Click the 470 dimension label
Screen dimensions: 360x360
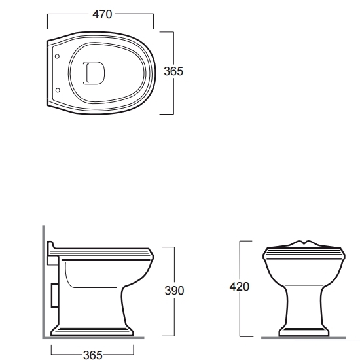102,14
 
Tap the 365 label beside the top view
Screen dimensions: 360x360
173,71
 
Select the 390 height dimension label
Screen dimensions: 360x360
174,291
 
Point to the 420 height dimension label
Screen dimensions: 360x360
239,287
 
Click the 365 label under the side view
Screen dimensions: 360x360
93,355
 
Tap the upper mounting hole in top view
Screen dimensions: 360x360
57,56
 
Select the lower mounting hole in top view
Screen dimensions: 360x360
58,90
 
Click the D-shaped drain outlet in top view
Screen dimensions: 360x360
94,73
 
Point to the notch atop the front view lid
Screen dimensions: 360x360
304,242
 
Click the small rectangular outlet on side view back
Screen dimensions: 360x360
54,295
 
